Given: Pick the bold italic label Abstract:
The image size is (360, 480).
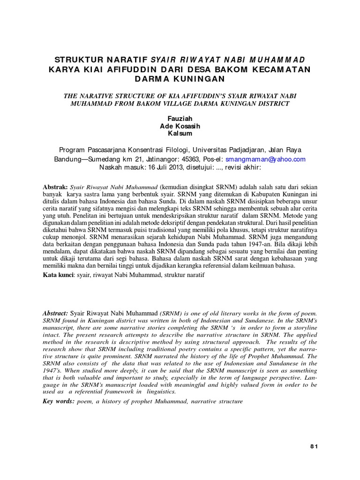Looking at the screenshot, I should click(55, 313).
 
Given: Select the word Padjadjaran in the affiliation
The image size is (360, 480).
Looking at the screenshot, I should click(247, 150).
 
